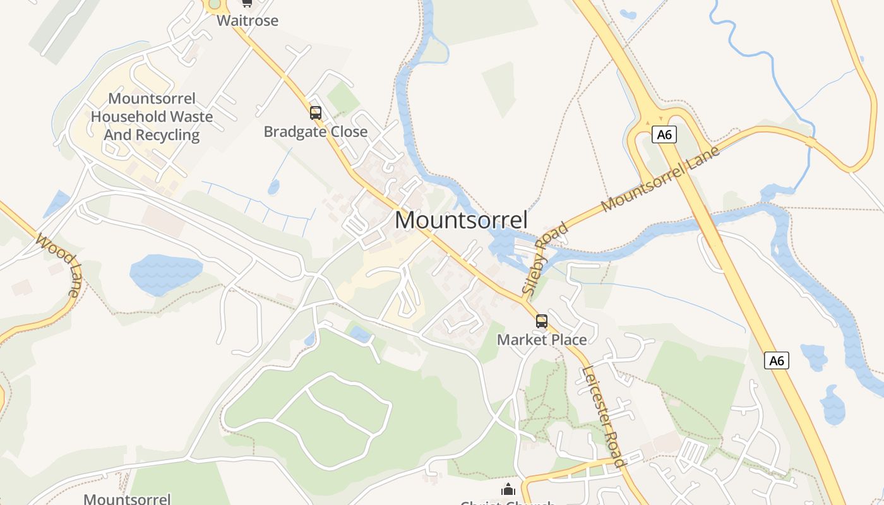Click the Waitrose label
(248, 21)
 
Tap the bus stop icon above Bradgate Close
(315, 113)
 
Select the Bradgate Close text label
(315, 132)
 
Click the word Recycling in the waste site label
(167, 135)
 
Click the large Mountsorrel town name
(461, 220)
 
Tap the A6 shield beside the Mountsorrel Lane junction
(662, 134)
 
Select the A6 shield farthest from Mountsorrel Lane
(777, 360)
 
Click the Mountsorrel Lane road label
(660, 179)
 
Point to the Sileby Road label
(544, 258)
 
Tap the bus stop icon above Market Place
(541, 321)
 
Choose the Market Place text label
(542, 340)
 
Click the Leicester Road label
(604, 417)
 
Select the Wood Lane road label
(59, 265)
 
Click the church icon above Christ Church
(508, 489)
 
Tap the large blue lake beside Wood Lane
(165, 273)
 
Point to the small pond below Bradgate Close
(273, 187)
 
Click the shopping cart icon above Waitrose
(247, 3)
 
